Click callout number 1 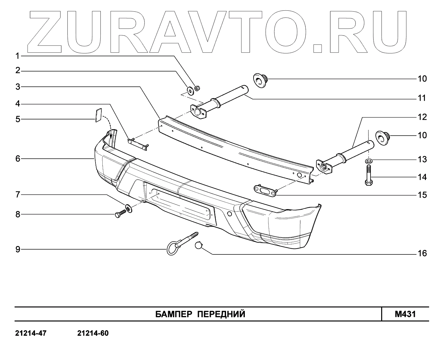18,56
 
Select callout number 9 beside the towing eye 18,249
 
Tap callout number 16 422,253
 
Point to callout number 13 422,159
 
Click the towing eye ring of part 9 171,249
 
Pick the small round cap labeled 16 199,245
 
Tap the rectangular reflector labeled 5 98,115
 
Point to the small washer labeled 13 368,160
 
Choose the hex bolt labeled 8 120,214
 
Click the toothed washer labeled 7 129,208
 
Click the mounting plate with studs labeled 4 139,143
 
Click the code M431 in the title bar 405,314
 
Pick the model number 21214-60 93,333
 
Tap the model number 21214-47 31,333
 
